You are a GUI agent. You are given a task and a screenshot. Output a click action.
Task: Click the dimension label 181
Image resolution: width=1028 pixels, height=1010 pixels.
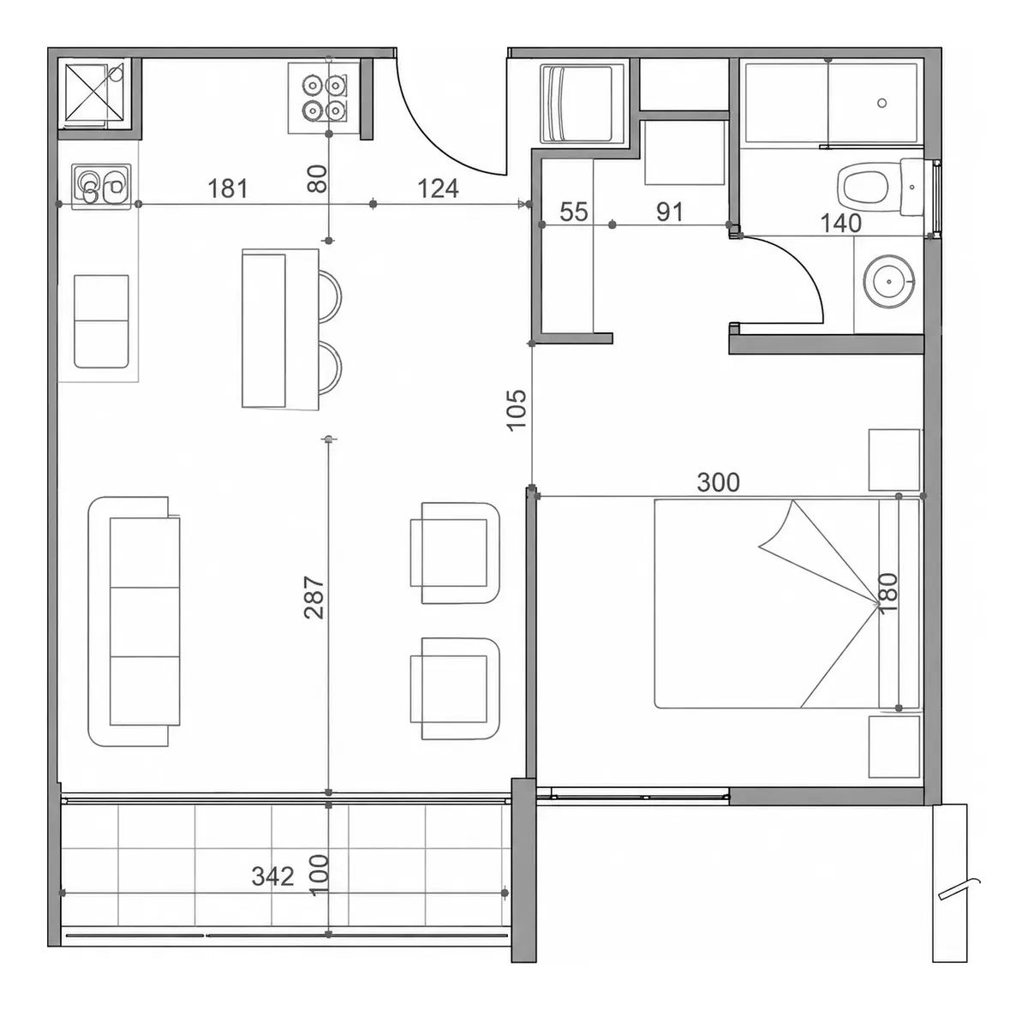pos(227,188)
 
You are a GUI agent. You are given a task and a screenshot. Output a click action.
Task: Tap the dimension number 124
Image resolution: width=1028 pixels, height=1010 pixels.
pos(438,188)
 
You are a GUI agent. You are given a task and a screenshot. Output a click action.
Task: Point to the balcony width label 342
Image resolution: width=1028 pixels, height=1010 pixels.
pos(272,876)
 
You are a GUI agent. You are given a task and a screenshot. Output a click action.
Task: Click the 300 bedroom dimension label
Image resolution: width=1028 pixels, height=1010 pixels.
pos(718,483)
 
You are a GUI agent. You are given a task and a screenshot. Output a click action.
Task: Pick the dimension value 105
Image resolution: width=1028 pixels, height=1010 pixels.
pos(517,409)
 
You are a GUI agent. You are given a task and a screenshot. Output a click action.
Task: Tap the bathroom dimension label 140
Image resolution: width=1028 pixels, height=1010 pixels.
pos(840,223)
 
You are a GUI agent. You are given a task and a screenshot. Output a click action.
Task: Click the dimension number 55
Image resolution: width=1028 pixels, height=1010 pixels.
pos(574,212)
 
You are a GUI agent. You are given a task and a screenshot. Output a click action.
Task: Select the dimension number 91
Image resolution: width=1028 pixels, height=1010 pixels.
pos(670,212)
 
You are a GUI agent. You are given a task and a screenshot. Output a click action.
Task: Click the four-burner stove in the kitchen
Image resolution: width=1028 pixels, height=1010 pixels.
pos(324,98)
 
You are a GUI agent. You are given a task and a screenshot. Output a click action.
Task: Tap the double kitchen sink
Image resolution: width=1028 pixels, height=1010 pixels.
pos(101,187)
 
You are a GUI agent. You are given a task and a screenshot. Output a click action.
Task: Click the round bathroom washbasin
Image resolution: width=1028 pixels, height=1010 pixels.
pos(888,282)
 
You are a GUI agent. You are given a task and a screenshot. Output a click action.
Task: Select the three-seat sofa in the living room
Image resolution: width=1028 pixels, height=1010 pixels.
pos(134,622)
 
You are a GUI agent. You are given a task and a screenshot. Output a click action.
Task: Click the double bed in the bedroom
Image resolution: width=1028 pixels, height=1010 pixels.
pos(787,604)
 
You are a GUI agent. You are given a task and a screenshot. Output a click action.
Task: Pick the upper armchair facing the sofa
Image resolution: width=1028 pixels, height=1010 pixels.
pos(455,553)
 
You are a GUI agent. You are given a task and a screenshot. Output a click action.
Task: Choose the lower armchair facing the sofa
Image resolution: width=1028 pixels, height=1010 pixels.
pos(455,688)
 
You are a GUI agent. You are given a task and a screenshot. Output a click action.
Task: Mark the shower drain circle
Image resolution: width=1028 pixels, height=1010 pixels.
pos(882,103)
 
